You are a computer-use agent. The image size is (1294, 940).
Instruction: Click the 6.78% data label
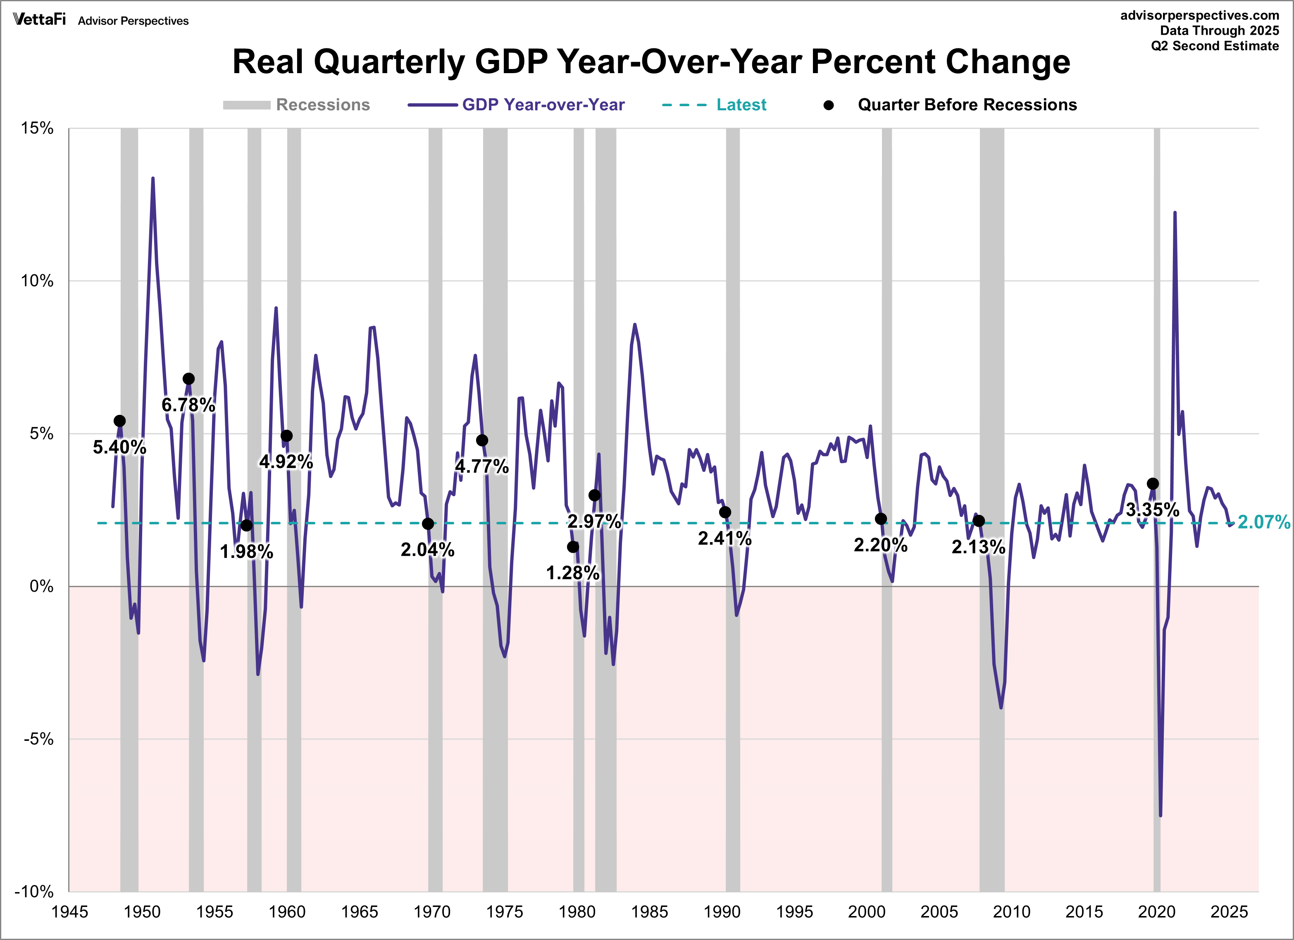[x=188, y=405]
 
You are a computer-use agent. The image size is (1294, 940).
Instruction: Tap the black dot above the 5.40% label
[x=119, y=421]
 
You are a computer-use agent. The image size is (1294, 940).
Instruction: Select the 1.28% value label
[x=573, y=573]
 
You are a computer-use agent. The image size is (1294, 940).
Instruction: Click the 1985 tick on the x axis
[x=649, y=912]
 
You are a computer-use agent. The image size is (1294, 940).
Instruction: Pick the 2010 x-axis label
[x=1012, y=912]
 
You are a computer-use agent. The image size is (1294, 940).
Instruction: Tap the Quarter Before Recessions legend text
[x=967, y=105]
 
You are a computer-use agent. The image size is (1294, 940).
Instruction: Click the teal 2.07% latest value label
[x=1263, y=522]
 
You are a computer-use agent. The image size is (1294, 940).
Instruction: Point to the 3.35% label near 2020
[x=1152, y=509]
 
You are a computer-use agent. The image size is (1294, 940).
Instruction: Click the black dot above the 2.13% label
[x=979, y=521]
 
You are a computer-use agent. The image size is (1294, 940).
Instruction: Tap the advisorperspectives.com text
[x=1199, y=15]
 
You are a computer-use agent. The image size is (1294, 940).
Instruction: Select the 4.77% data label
[x=481, y=466]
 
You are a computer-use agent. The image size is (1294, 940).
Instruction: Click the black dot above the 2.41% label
[x=724, y=512]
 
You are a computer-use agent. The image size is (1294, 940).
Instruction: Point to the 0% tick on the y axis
[x=41, y=586]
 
